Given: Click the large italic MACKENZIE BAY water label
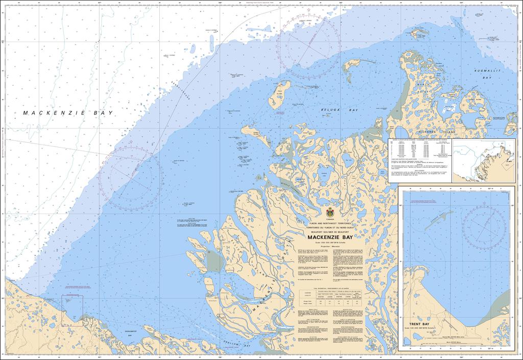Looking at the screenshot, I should pyautogui.click(x=67, y=113).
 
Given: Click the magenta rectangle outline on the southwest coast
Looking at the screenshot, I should pyautogui.click(x=73, y=310).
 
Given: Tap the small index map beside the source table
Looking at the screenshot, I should pyautogui.click(x=483, y=160).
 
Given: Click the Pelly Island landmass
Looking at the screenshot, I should pyautogui.click(x=279, y=93).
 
